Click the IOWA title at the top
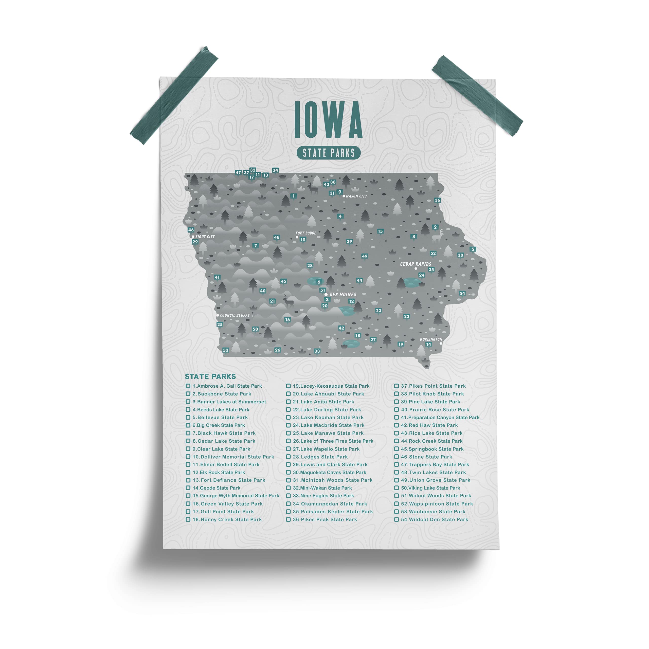coord(328,120)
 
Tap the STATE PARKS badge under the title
coord(328,153)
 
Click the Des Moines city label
coord(343,295)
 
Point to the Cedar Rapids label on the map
coord(416,264)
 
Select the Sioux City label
coord(205,237)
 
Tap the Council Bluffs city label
coord(235,315)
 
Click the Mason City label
coord(356,196)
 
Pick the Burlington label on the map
coord(431,339)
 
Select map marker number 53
coord(226,350)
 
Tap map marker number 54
coord(462,293)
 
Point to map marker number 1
coord(294,196)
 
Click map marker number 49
coord(365,256)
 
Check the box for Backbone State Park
coord(188,394)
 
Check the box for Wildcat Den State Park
coord(396,519)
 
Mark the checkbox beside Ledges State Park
coord(288,457)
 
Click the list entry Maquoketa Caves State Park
coord(330,472)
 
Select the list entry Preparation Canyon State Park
coord(440,417)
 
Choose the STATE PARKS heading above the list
coord(210,376)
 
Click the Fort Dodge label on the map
coord(306,233)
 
